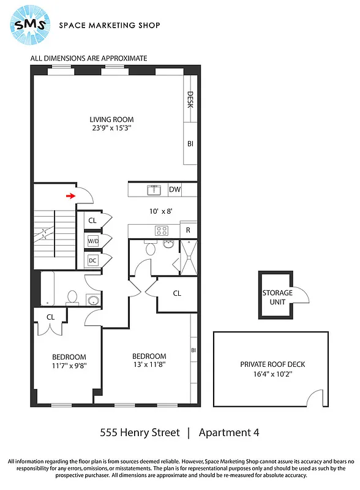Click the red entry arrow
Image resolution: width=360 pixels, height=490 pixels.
coord(71,196)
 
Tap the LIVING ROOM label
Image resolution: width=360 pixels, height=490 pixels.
coord(111,119)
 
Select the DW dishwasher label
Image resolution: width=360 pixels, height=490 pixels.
coord(175,190)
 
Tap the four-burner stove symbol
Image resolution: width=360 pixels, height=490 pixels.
coord(162,231)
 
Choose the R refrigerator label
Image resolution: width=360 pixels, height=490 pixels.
coord(189,231)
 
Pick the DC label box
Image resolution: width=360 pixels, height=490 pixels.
coord(93,260)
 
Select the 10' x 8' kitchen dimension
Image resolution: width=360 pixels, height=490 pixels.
coord(161,211)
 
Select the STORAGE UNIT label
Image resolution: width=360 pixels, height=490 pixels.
coord(277,296)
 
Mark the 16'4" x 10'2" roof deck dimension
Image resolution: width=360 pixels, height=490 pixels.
coord(272,373)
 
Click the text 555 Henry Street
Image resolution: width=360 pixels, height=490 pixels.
coord(140,432)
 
